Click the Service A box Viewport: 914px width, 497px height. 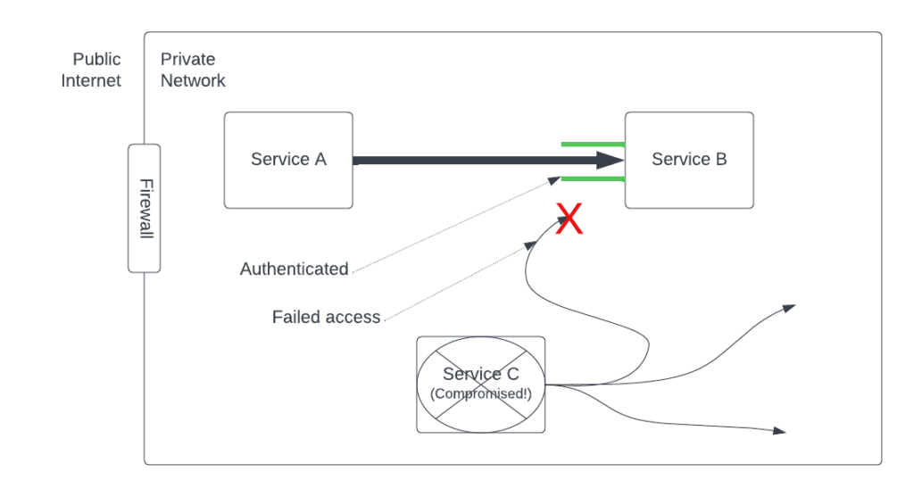click(288, 161)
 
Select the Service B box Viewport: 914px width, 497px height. click(689, 161)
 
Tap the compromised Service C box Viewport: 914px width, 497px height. click(481, 385)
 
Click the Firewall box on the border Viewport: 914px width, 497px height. click(144, 208)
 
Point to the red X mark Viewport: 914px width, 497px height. click(569, 219)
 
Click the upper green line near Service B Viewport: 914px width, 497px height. click(593, 144)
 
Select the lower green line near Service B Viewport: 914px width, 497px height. click(593, 178)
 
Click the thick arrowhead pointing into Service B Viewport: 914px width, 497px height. click(611, 161)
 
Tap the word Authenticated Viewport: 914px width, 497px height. click(295, 269)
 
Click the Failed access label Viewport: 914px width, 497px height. click(326, 317)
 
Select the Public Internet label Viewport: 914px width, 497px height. click(91, 70)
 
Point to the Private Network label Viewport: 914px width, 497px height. click(193, 70)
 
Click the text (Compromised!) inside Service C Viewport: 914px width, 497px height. click(481, 393)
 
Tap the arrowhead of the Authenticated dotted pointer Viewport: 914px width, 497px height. click(555, 180)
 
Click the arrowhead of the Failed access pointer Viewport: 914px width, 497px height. click(531, 245)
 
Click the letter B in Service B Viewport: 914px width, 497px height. click(721, 159)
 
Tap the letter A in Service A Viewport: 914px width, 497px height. click(320, 159)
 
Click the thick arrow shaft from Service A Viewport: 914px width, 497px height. click(475, 161)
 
